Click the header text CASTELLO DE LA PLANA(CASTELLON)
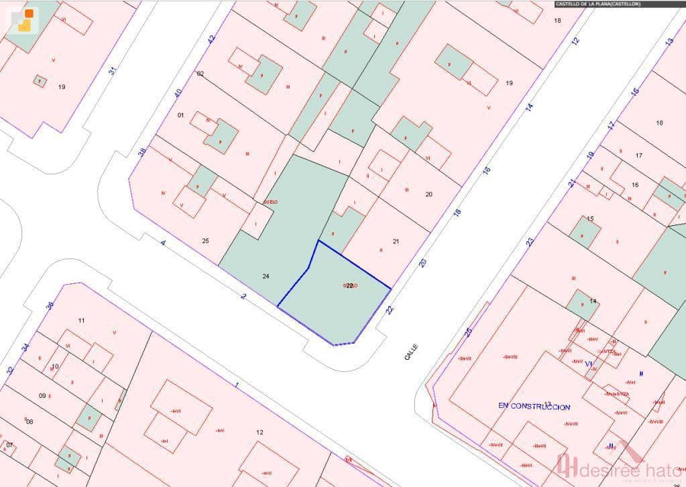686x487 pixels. tap(597, 4)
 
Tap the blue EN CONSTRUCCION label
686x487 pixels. tap(534, 407)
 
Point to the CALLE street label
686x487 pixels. tap(411, 352)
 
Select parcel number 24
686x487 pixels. tap(266, 276)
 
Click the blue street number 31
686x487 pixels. tap(113, 69)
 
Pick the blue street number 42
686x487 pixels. tap(211, 40)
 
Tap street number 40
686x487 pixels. tap(178, 92)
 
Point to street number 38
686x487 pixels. tap(141, 153)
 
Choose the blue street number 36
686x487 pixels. tap(49, 305)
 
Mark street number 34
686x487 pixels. tap(25, 347)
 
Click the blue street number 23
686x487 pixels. tap(530, 241)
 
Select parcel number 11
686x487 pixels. tap(81, 321)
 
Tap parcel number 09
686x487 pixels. tap(42, 396)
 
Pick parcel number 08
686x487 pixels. tap(29, 421)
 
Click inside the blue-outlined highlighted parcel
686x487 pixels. tap(335, 301)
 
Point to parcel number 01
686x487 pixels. tap(180, 115)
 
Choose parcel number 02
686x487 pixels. tap(200, 74)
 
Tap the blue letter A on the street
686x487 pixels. tap(163, 242)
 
